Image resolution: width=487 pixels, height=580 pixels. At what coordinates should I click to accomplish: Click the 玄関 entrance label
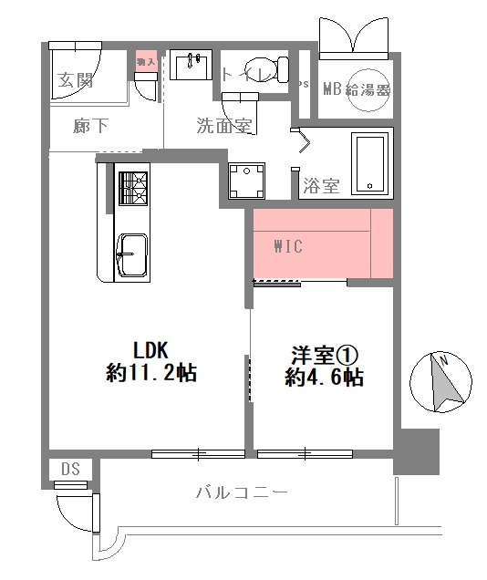point(77,80)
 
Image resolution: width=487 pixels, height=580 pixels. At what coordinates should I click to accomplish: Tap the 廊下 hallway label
point(90,127)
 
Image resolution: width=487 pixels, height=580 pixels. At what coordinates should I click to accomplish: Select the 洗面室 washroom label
point(223,127)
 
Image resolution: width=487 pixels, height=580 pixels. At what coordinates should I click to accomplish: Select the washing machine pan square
point(247,179)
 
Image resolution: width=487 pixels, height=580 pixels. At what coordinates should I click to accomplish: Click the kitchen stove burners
point(132,188)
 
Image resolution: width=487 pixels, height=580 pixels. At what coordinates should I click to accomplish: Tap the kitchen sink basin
point(131,254)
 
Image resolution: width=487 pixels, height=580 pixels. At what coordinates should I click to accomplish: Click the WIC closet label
point(288,246)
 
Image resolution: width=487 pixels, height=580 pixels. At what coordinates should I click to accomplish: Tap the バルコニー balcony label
point(242,493)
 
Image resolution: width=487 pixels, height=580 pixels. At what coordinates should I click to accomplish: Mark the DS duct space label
point(71,469)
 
